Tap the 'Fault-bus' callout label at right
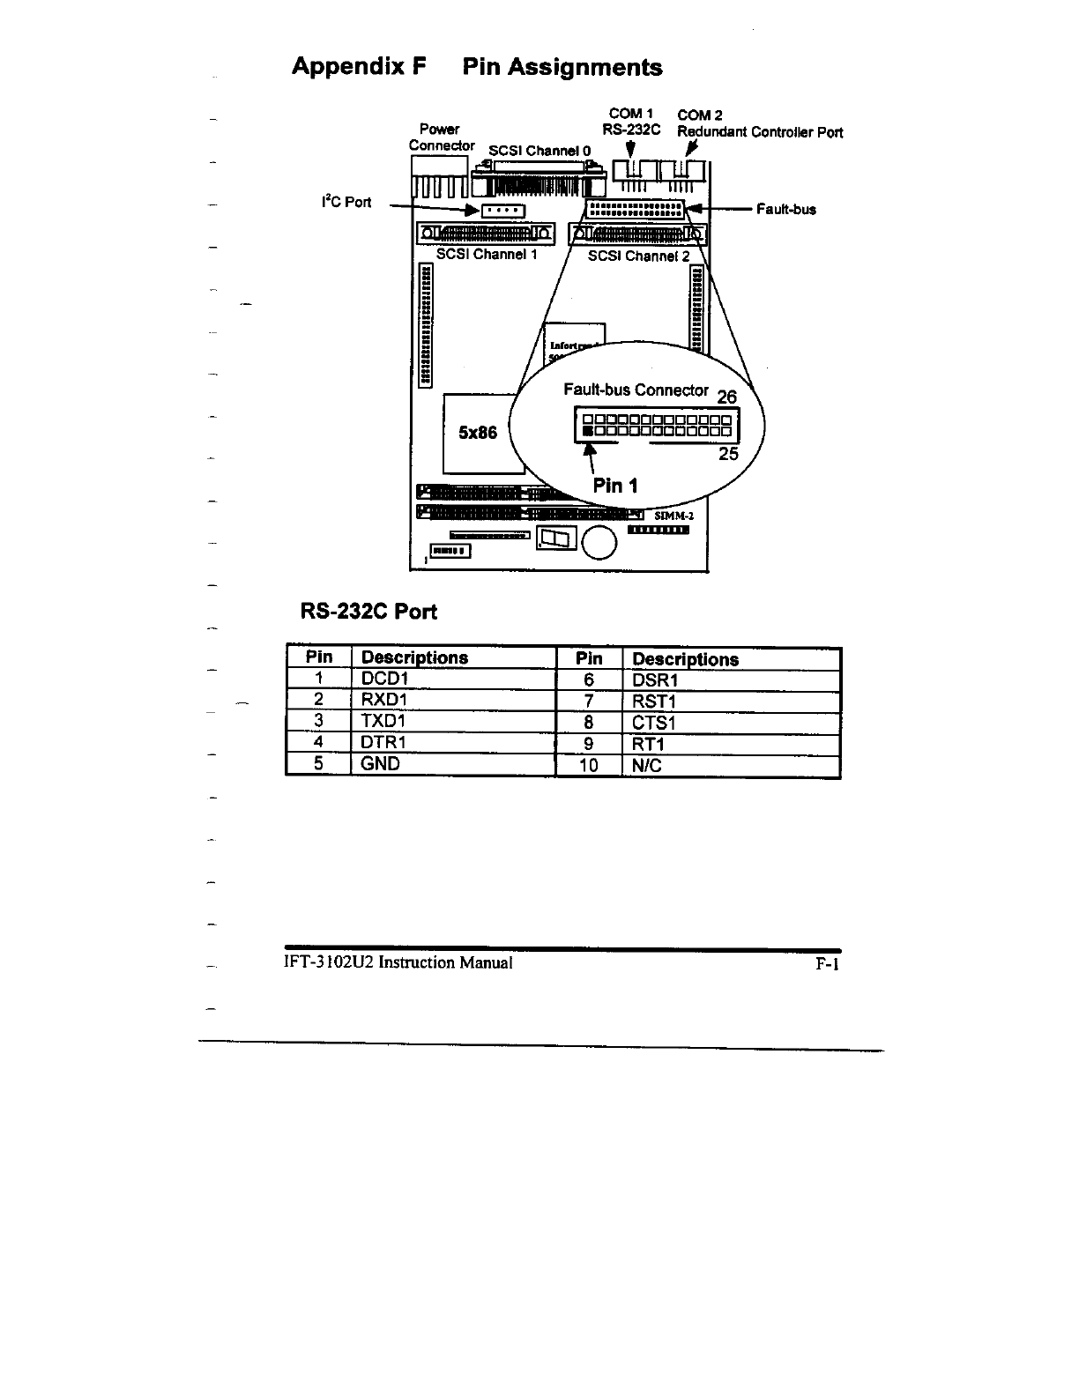pyautogui.click(x=785, y=210)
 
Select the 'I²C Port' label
pyautogui.click(x=346, y=203)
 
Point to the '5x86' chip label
pyautogui.click(x=478, y=433)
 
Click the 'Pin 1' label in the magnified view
pyautogui.click(x=615, y=485)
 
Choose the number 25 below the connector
pyautogui.click(x=728, y=454)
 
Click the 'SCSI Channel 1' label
pyautogui.click(x=487, y=255)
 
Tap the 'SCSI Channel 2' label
pyautogui.click(x=638, y=256)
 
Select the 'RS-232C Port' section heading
pyautogui.click(x=369, y=612)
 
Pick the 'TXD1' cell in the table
pyautogui.click(x=383, y=721)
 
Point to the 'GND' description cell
pyautogui.click(x=381, y=763)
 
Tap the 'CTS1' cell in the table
pyautogui.click(x=653, y=724)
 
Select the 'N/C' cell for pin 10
pyautogui.click(x=647, y=766)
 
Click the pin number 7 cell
pyautogui.click(x=588, y=702)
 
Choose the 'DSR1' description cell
pyautogui.click(x=655, y=680)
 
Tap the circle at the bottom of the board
pyautogui.click(x=600, y=542)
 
